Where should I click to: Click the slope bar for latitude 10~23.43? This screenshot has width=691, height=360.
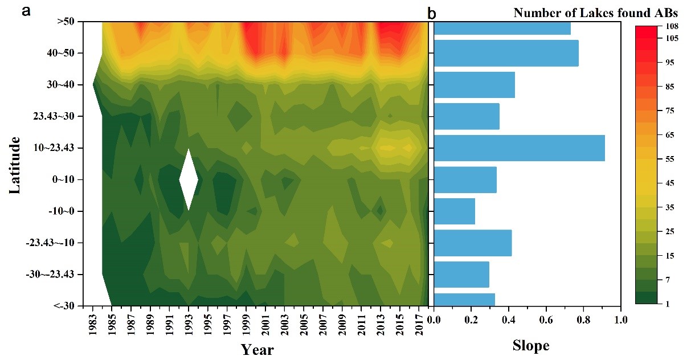coord(518,148)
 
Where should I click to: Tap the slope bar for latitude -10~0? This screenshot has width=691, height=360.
coord(454,211)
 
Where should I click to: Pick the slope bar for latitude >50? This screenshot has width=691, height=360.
coord(502,27)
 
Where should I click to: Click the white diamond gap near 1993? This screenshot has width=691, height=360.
coord(189,179)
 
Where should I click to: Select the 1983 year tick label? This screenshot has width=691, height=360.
coord(93,325)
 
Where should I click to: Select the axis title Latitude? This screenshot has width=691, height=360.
coord(16,164)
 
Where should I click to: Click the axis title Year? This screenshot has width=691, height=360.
coord(257,349)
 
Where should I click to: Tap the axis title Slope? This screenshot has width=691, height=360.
coord(530,345)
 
